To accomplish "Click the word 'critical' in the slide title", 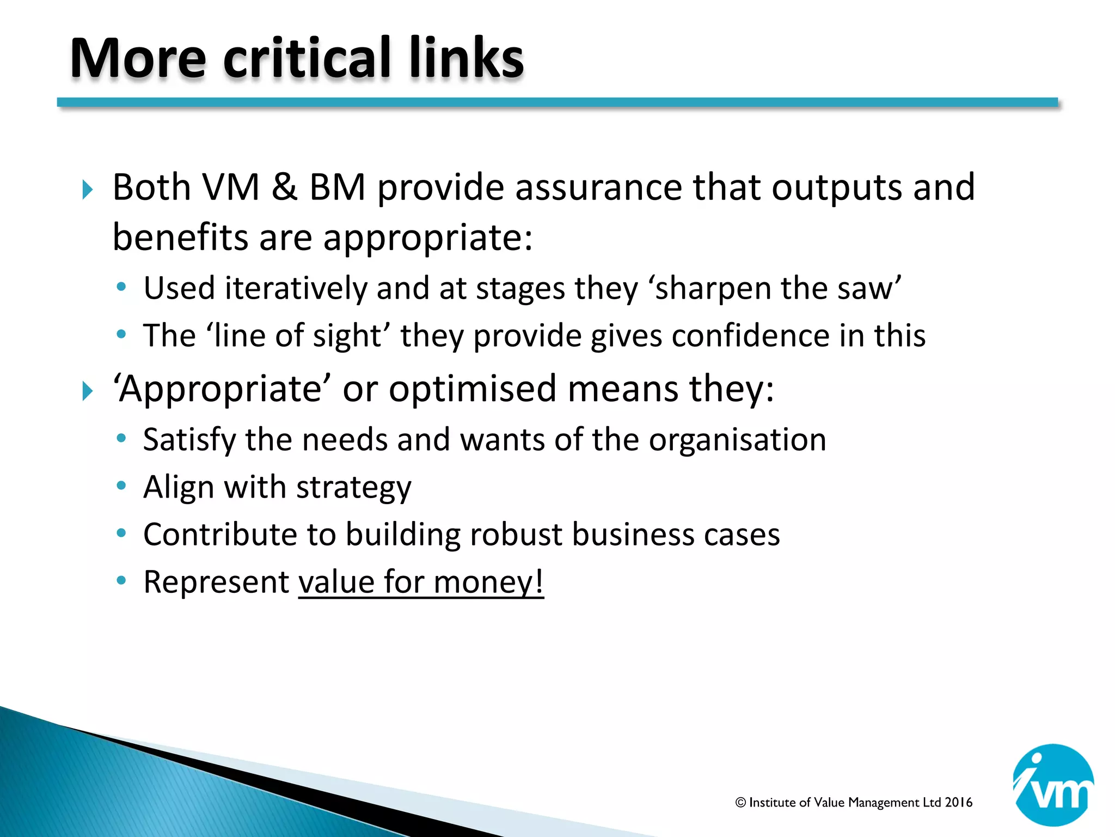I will (307, 58).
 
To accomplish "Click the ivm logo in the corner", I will (1053, 785).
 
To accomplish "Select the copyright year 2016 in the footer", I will (958, 802).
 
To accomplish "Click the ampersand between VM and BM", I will (284, 187).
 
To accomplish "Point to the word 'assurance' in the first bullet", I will (598, 187).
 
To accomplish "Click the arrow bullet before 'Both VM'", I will (87, 190).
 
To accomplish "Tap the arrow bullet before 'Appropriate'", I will (87, 391).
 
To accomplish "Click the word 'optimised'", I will (473, 389).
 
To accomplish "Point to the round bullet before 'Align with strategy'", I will (121, 485).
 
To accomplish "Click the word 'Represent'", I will (216, 582).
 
